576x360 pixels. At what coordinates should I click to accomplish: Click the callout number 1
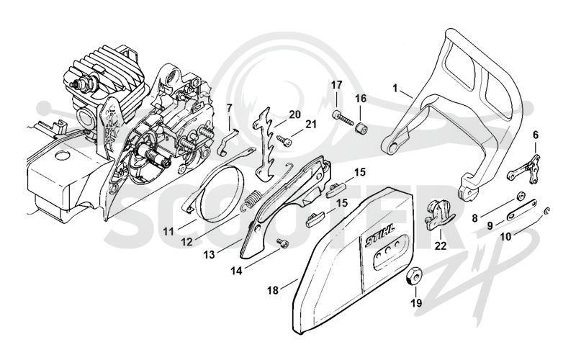pyautogui.click(x=395, y=88)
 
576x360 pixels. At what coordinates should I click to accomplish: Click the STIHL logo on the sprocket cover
pyautogui.click(x=379, y=235)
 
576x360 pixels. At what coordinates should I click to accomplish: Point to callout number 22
pyautogui.click(x=441, y=246)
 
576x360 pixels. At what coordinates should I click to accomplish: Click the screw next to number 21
pyautogui.click(x=284, y=140)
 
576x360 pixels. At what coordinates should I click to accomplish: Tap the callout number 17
pyautogui.click(x=337, y=85)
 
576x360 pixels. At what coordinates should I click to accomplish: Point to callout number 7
pyautogui.click(x=230, y=108)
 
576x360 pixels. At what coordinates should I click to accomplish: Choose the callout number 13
pyautogui.click(x=210, y=254)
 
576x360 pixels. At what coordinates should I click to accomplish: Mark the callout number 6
pyautogui.click(x=536, y=135)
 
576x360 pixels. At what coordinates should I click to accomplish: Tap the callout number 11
pyautogui.click(x=168, y=232)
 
